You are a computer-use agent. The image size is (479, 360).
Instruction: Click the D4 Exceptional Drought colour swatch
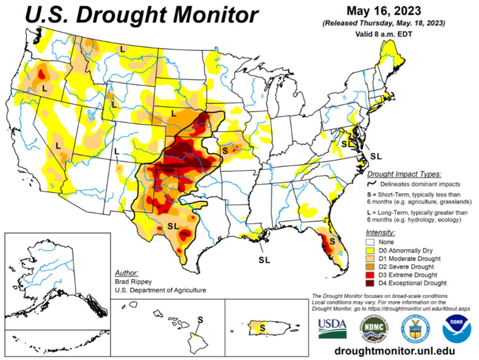(x=372, y=283)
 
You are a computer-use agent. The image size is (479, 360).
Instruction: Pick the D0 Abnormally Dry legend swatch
(x=372, y=250)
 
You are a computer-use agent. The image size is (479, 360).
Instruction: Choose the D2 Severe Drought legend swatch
(x=372, y=267)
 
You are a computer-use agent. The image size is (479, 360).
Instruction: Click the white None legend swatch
(x=372, y=242)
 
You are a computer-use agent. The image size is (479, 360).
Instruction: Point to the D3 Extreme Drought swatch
(x=372, y=275)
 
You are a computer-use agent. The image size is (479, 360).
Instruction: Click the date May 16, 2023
(x=384, y=10)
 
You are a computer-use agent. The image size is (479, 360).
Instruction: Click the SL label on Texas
(x=173, y=226)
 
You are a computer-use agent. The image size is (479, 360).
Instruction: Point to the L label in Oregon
(x=45, y=87)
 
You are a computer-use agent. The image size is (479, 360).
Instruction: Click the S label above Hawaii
(x=200, y=319)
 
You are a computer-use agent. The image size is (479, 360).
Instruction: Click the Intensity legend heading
(x=381, y=233)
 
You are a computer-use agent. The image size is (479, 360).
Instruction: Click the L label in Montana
(x=122, y=49)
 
